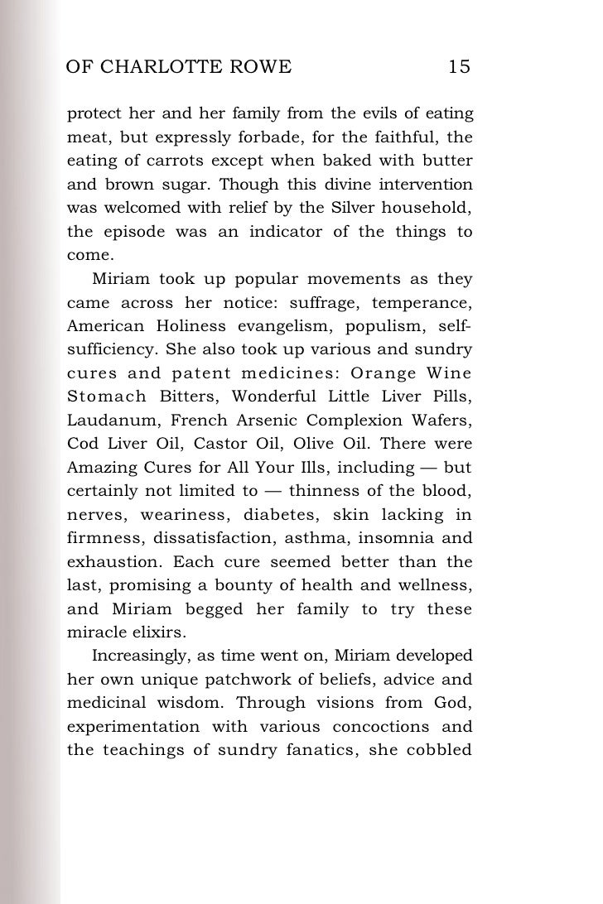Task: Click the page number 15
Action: pyautogui.click(x=459, y=67)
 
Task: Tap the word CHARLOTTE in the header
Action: pyautogui.click(x=166, y=67)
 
